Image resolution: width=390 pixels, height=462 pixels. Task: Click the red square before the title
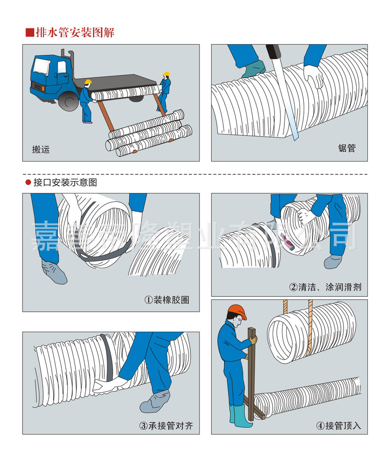click(x=30, y=32)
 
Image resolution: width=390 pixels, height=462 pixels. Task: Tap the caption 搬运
click(x=41, y=149)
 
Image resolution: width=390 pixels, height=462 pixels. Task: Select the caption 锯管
click(x=347, y=148)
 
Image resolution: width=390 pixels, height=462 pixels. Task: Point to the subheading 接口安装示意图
click(x=65, y=183)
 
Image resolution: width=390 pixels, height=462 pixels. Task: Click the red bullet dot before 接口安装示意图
click(x=28, y=183)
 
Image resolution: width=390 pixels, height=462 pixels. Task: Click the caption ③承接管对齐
click(x=166, y=425)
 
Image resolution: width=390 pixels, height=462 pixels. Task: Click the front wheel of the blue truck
click(x=69, y=102)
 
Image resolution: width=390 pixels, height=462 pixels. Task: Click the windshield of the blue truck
click(x=41, y=67)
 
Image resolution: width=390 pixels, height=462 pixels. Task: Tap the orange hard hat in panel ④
click(x=237, y=311)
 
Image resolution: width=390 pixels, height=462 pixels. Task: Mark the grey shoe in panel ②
click(x=333, y=262)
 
